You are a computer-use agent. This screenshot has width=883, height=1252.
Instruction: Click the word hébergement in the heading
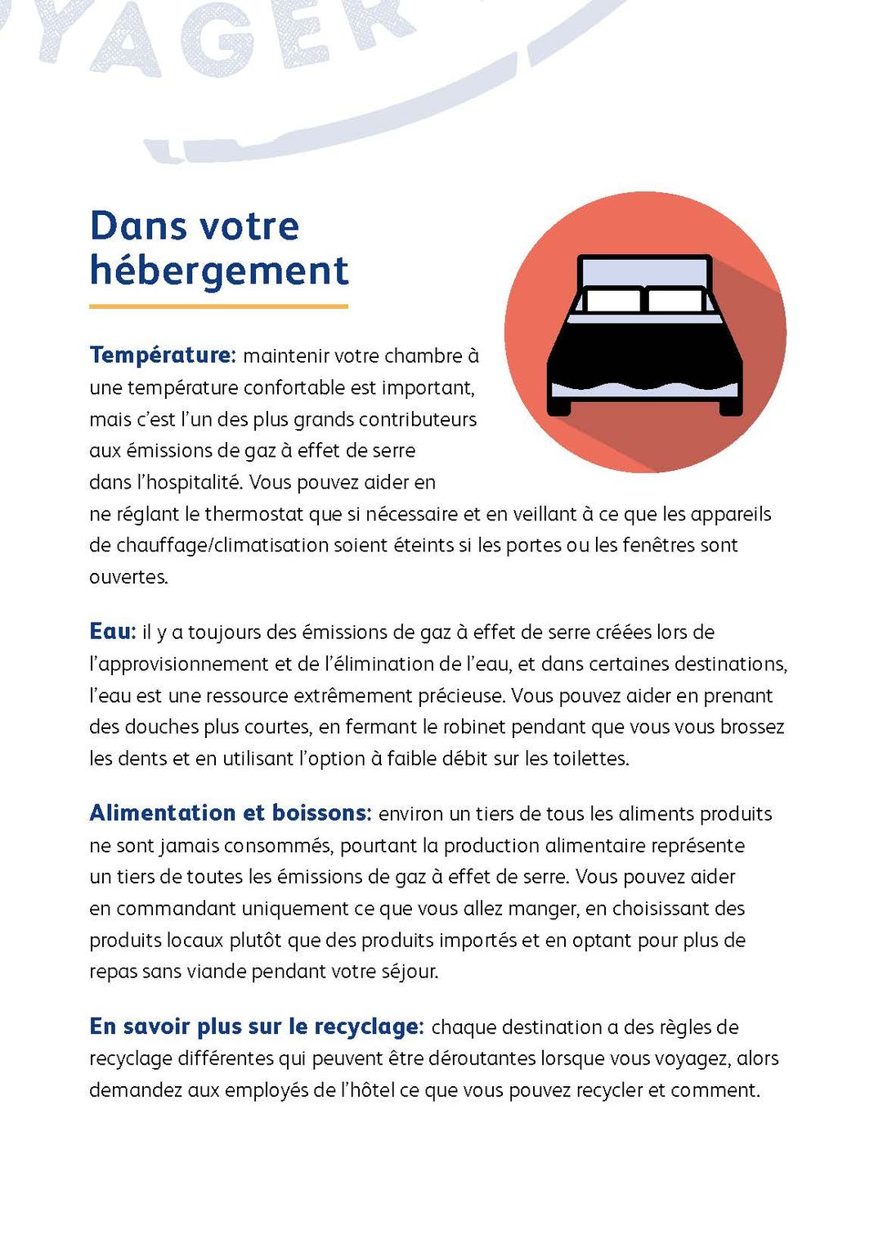(219, 271)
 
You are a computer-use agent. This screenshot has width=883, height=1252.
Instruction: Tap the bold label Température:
(163, 355)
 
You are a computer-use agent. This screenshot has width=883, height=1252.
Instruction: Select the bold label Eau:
(113, 632)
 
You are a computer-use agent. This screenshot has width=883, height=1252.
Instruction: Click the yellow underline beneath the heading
(218, 306)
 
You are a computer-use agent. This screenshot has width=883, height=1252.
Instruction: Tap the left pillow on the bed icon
(613, 301)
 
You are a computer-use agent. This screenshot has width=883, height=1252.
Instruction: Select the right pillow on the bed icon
(675, 301)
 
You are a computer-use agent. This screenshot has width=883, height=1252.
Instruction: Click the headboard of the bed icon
(644, 271)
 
